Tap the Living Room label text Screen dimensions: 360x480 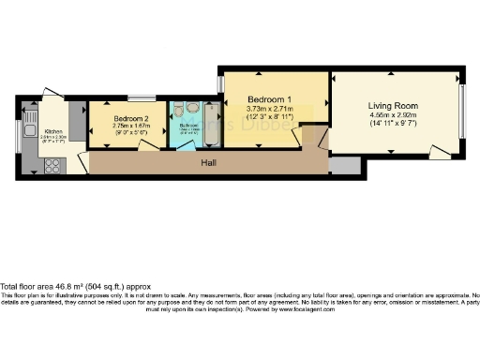click(x=393, y=106)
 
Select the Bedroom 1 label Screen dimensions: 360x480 click(x=269, y=98)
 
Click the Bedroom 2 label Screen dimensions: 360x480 click(x=131, y=119)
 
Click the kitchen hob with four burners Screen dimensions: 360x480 click(x=52, y=169)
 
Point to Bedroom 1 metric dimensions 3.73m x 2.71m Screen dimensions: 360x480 click(x=269, y=110)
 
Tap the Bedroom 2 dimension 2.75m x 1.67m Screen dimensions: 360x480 click(x=131, y=127)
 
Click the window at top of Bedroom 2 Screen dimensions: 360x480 click(x=142, y=98)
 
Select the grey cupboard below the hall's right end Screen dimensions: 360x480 click(x=345, y=166)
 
